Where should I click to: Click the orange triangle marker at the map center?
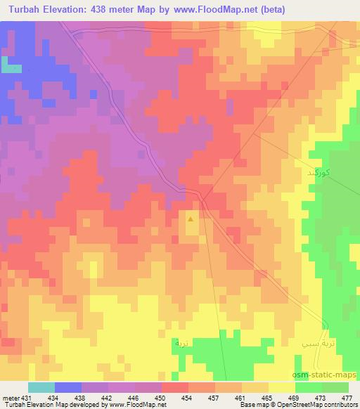191,220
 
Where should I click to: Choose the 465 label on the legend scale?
266,397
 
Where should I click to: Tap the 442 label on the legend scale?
107,397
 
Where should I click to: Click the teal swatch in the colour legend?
41,387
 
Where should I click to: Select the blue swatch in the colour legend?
68,387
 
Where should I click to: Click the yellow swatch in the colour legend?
282,387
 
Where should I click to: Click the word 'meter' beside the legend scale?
9,397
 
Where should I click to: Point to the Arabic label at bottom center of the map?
181,345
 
